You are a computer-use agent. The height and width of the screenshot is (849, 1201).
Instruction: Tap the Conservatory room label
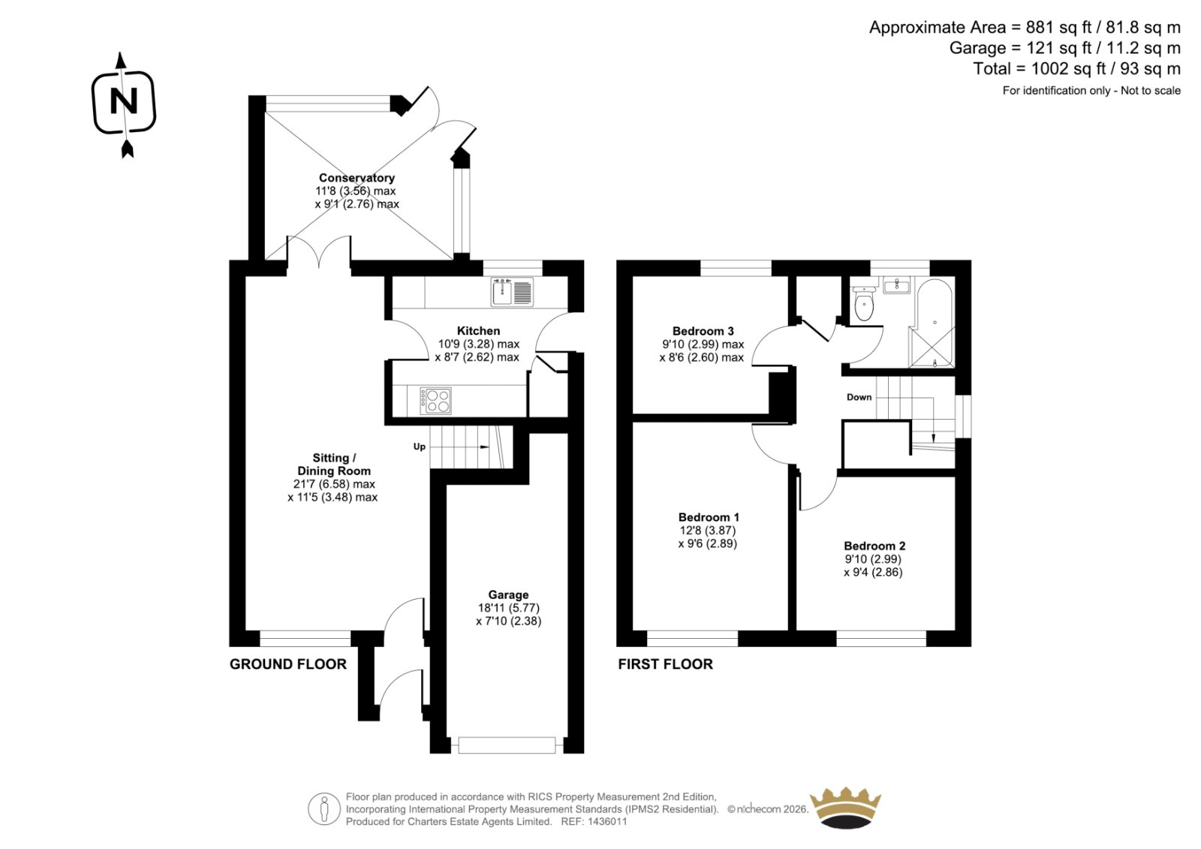357,177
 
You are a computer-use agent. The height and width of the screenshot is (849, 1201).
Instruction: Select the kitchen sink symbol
512,292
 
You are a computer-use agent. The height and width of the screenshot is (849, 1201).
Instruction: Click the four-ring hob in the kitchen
435,401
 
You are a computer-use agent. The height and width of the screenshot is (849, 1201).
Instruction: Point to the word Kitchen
478,331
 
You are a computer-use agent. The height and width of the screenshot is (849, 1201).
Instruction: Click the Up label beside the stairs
420,446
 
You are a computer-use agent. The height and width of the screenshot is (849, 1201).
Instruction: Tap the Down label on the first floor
859,397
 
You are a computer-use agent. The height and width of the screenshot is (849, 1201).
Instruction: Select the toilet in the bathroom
864,303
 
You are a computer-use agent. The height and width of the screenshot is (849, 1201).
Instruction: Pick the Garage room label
508,595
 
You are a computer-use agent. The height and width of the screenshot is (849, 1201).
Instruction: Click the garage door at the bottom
507,745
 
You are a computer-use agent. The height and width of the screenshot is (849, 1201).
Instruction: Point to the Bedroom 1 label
709,517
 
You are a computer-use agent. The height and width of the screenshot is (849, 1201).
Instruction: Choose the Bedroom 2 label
874,546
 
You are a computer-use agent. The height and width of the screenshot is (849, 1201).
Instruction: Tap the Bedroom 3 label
703,331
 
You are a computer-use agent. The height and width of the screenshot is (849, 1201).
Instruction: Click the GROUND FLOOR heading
288,664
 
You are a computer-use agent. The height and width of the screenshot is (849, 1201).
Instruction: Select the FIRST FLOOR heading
665,664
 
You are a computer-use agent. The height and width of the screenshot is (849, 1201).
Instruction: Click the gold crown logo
845,807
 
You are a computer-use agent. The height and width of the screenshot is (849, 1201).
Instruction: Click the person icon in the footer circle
324,808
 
